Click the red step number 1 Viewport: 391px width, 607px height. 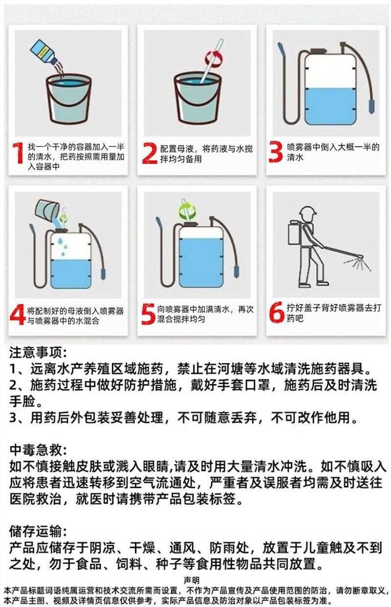[x=19, y=153]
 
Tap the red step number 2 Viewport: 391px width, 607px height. [x=150, y=153]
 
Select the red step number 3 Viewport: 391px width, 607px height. [x=276, y=152]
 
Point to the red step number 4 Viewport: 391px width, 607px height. [x=18, y=314]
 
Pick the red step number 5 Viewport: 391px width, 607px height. [x=148, y=314]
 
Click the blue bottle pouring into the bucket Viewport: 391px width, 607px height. [x=44, y=53]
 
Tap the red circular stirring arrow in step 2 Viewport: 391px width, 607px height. [x=214, y=58]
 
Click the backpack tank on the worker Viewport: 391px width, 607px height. [x=295, y=232]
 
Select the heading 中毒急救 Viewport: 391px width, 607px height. [x=38, y=450]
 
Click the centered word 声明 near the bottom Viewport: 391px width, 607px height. [x=192, y=580]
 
